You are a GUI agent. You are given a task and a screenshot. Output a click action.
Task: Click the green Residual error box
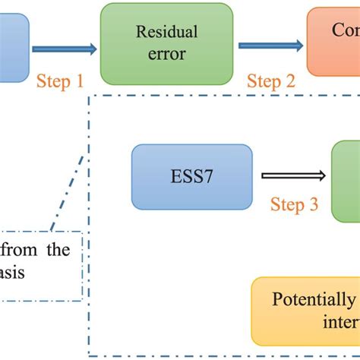click(x=166, y=43)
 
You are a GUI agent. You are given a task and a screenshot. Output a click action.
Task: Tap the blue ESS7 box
click(x=191, y=176)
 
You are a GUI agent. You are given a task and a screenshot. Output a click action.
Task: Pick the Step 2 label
click(x=270, y=81)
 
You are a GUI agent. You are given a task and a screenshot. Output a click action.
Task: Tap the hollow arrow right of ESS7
click(x=292, y=177)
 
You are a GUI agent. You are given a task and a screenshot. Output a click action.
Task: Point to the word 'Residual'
click(x=166, y=32)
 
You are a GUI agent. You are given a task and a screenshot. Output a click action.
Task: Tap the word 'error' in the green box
click(x=166, y=54)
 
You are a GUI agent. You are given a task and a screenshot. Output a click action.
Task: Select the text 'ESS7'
click(x=191, y=177)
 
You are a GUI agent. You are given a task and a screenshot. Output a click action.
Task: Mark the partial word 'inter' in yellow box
click(x=340, y=325)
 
